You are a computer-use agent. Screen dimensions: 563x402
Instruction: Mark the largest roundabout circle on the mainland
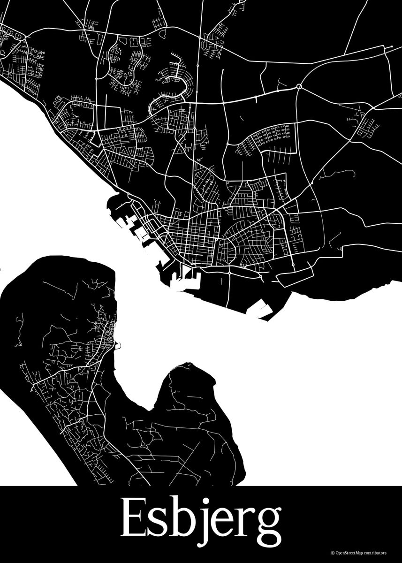[299, 86]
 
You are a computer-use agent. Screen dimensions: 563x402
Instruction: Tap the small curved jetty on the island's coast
[120, 346]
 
